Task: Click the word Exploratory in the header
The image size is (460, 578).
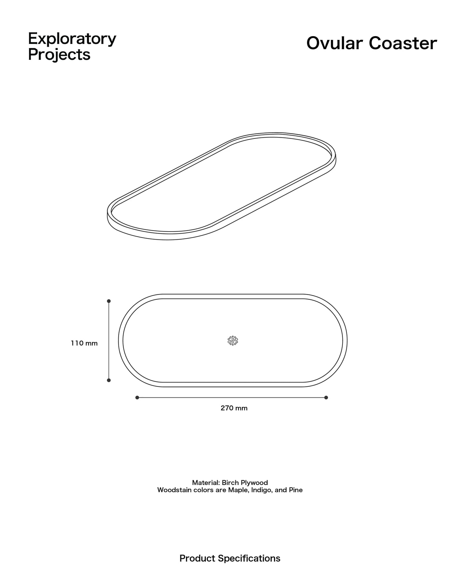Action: coord(72,39)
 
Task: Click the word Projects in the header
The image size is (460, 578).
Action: coord(59,55)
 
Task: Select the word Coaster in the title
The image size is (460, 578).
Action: coord(403,43)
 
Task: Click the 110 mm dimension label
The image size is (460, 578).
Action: coord(84,343)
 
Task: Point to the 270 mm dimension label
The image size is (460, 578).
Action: coord(234,408)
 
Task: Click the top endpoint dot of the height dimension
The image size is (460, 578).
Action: coord(109,301)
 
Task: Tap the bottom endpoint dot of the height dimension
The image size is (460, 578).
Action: coord(109,380)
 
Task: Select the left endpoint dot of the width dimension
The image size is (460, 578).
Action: coord(137,397)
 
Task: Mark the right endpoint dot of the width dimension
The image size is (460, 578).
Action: coord(326,397)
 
